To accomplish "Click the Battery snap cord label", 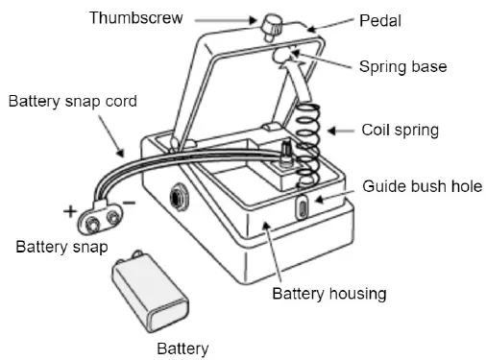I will click(x=74, y=100).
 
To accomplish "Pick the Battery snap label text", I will click(x=61, y=248).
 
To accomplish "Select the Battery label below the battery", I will click(x=182, y=347).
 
